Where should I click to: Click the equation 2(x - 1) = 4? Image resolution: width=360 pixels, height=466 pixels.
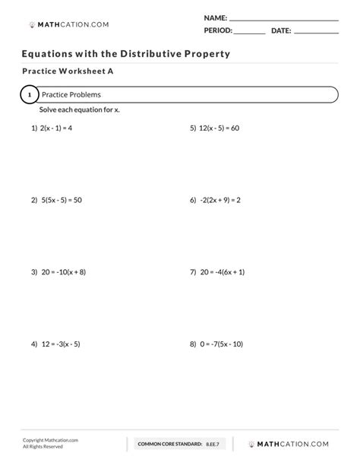coord(57,128)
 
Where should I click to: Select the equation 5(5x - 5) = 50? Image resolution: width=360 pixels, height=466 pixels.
coord(61,200)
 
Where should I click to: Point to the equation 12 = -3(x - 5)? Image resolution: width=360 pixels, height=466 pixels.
coord(60,344)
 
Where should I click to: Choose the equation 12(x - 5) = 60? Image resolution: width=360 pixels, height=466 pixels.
coord(219,128)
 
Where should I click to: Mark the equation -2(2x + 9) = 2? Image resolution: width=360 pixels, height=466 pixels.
coord(220,200)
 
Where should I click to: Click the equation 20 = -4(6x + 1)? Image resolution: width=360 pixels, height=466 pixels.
coord(221,271)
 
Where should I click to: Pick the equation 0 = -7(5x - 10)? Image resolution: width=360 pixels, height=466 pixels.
coord(221,344)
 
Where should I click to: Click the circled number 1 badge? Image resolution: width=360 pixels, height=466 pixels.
coord(28,95)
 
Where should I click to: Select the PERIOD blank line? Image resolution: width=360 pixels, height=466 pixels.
coord(249,33)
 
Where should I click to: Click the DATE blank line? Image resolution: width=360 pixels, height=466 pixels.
coord(316,33)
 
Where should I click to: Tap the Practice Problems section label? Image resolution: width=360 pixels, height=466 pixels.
coord(71,95)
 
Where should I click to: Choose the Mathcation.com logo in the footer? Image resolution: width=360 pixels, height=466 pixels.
coord(292,443)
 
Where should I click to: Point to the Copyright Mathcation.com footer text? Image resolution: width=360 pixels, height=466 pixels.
coord(50,440)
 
